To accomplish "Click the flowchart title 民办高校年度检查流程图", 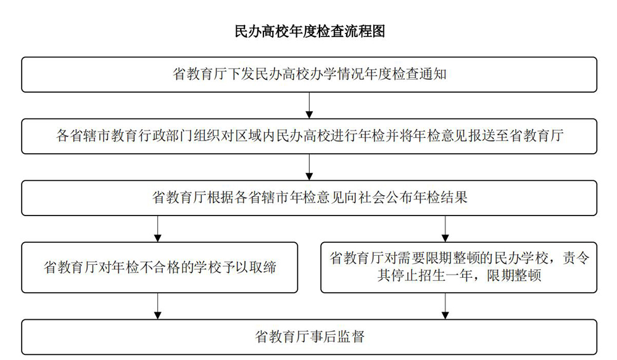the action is (310, 31).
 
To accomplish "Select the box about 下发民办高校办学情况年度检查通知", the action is (309, 75).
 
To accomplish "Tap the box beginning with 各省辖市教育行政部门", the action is (309, 136).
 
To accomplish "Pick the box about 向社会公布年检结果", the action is (309, 198).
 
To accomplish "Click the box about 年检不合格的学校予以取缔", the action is (159, 267).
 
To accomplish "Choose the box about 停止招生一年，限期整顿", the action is (459, 267).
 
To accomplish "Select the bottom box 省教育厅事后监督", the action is (309, 337).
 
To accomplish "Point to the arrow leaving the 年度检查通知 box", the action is (309, 106).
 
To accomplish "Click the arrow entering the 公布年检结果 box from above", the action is (309, 167).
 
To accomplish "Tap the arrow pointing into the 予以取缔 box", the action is (158, 229).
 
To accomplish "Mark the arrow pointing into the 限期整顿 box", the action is (445, 229).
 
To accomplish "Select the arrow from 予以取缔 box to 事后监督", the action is (158, 306).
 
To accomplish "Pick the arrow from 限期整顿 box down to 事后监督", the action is (445, 306).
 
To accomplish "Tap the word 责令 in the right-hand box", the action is (576, 258).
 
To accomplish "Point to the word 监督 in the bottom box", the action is (350, 337).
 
